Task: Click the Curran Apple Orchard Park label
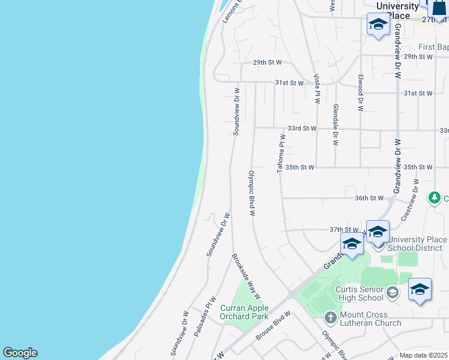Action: click(244, 312)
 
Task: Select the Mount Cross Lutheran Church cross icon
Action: click(330, 317)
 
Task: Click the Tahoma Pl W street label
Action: click(280, 154)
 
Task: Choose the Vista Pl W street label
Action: click(316, 89)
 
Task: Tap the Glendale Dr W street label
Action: click(336, 125)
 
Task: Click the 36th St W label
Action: click(369, 198)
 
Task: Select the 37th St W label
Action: click(344, 230)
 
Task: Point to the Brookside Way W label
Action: click(246, 275)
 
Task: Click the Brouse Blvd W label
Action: click(273, 325)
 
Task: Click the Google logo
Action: click(20, 353)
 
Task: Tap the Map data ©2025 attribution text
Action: click(424, 355)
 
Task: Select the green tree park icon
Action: click(434, 197)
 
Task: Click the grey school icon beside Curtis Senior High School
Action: click(393, 293)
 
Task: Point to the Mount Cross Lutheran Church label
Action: click(370, 319)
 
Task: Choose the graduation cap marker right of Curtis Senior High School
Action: click(420, 289)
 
